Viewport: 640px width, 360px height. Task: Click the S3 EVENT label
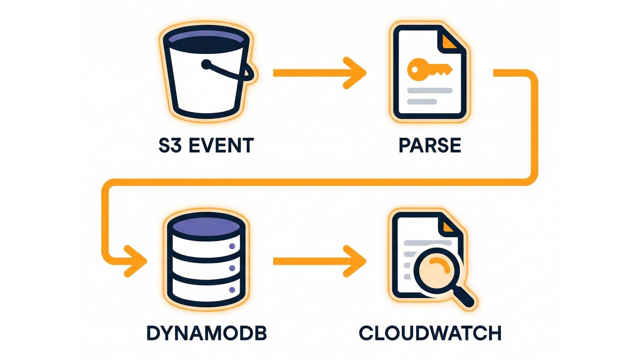(206, 146)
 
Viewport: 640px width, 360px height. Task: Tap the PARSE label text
(430, 145)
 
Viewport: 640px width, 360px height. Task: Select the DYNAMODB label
(207, 333)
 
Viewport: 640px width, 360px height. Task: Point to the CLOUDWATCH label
(430, 333)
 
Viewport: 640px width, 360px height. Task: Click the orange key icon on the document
(428, 69)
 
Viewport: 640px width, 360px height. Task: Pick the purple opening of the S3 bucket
(207, 37)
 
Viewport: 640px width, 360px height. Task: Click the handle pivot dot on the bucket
(206, 64)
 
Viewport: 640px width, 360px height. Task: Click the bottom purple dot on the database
(232, 290)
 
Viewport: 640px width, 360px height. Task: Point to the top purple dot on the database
(232, 246)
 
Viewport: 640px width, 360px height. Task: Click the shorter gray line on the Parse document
(422, 102)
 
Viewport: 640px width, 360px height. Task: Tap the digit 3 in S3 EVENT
(176, 146)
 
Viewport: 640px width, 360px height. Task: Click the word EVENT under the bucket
(221, 146)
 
